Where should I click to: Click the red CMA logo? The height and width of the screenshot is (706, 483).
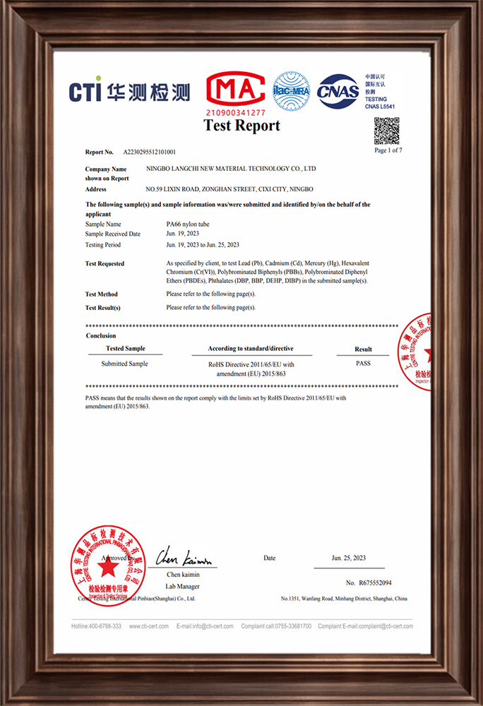[235, 90]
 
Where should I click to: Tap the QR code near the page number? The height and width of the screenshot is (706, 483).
[386, 131]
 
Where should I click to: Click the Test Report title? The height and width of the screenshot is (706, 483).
[241, 126]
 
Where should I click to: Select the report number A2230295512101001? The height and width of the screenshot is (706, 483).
[150, 152]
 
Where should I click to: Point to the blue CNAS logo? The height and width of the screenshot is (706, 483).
[338, 91]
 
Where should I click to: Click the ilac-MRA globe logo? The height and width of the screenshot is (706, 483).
[292, 91]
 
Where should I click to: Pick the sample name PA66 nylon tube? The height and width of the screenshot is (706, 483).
[187, 224]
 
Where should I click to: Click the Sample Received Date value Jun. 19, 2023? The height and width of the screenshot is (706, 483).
[184, 234]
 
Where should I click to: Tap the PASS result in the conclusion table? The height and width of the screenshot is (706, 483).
[363, 363]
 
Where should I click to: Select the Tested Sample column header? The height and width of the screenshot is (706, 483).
[126, 349]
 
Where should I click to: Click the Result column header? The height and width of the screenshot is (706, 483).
[363, 349]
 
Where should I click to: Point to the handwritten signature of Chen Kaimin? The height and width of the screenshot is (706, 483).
[183, 558]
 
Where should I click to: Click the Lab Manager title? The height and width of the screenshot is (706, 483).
[183, 587]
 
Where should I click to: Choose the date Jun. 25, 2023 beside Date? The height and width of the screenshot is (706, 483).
[349, 558]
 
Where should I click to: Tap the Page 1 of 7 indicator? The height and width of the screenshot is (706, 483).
[388, 150]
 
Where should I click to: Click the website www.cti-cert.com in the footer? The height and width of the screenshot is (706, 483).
[148, 626]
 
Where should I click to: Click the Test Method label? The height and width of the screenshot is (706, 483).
[102, 294]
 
